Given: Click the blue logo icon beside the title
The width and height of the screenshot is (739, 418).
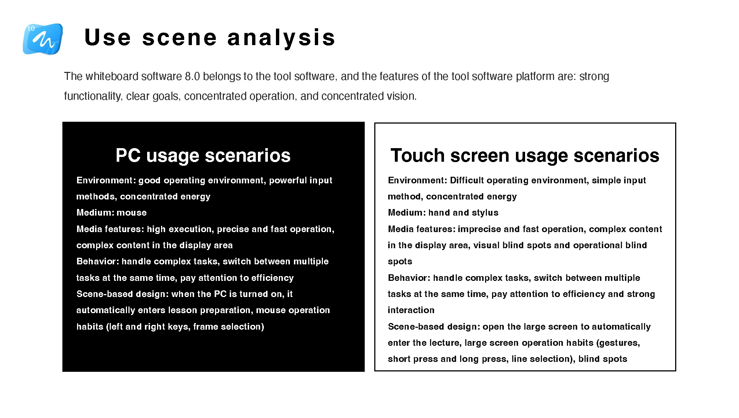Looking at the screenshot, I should pyautogui.click(x=43, y=39).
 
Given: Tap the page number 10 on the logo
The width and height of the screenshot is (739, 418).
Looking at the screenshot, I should pyautogui.click(x=31, y=29).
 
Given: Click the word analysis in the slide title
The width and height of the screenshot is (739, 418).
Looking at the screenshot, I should pyautogui.click(x=281, y=38).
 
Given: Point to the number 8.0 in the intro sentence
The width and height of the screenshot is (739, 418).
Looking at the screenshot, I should pyautogui.click(x=192, y=76).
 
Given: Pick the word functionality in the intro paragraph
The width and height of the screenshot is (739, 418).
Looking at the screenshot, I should pyautogui.click(x=92, y=96).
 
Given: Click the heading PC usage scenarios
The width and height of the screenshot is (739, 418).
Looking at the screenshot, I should pyautogui.click(x=203, y=155).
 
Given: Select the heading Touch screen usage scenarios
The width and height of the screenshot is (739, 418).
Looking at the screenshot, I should pyautogui.click(x=525, y=155).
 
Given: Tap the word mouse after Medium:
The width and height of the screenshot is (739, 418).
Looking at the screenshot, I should pyautogui.click(x=131, y=213).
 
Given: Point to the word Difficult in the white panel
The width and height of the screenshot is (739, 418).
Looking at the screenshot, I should pyautogui.click(x=467, y=180).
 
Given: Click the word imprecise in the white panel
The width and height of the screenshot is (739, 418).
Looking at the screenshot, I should pyautogui.click(x=479, y=229).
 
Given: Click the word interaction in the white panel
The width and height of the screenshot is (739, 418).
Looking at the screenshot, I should pyautogui.click(x=411, y=310).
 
